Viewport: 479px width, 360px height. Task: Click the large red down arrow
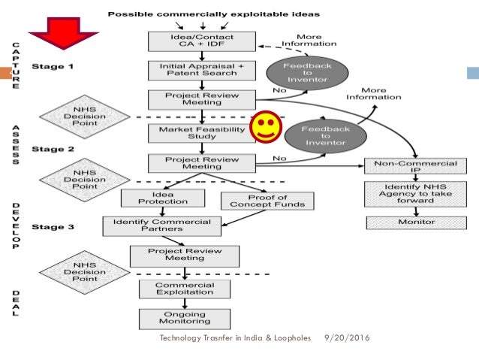pyautogui.click(x=64, y=34)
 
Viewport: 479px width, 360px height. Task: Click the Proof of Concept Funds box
pyautogui.click(x=267, y=200)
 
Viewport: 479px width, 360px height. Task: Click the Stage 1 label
pyautogui.click(x=53, y=66)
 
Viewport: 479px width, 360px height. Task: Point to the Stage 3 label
pyautogui.click(x=53, y=224)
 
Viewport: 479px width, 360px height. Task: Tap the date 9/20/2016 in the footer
pyautogui.click(x=347, y=339)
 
